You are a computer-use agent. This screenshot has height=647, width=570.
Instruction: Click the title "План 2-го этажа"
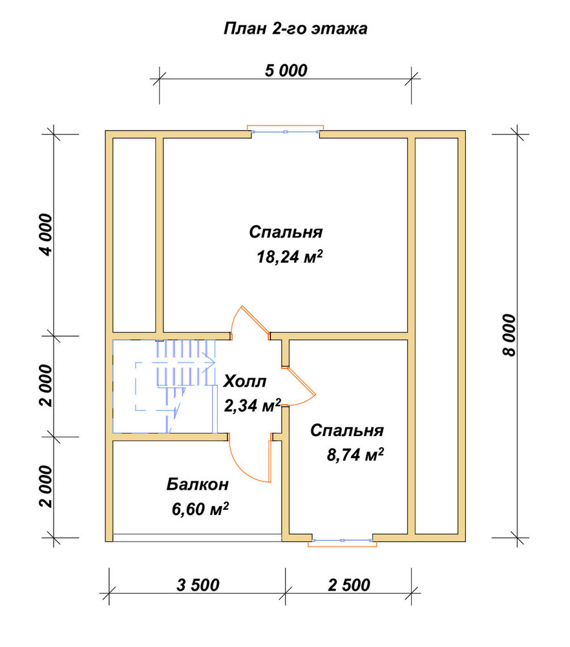pos(295,29)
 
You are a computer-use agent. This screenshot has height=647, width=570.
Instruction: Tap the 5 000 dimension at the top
pos(286,71)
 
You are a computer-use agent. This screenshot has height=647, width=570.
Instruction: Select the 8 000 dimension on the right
pos(509,334)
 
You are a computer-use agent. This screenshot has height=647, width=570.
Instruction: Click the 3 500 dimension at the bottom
pos(198,585)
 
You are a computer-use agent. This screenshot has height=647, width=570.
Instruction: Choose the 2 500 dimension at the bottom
pos(349,585)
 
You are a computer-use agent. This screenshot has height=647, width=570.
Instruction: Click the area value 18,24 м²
pos(290,257)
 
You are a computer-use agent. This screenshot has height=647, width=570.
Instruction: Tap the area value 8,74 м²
pos(355,455)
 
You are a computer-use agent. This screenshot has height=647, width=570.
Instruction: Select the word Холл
pos(245,381)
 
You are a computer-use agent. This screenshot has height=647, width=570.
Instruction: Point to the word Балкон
pos(197,484)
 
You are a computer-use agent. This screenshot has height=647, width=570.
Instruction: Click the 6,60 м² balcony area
pos(200,509)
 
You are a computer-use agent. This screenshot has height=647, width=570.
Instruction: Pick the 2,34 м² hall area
pos(252,405)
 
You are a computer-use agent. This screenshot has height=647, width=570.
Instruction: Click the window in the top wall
pos(285,131)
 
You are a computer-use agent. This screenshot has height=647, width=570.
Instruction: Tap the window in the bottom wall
pos(343,540)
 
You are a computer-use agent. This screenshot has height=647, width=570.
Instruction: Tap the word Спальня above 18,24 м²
pos(286,232)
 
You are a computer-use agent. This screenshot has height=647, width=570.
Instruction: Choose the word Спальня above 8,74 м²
pos(347,430)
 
